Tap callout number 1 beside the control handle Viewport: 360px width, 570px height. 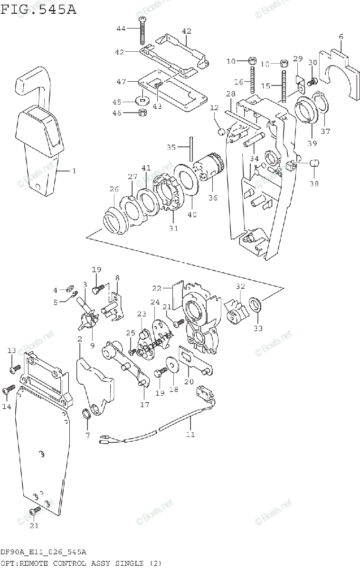74,171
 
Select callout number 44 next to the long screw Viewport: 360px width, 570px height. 121,29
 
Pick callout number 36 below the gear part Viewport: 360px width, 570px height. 213,197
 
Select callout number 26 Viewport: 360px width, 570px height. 114,190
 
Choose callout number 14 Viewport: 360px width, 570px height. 6,406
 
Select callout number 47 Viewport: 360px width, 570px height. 121,82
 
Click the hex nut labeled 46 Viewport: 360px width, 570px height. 142,113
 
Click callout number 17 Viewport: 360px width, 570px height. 144,405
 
